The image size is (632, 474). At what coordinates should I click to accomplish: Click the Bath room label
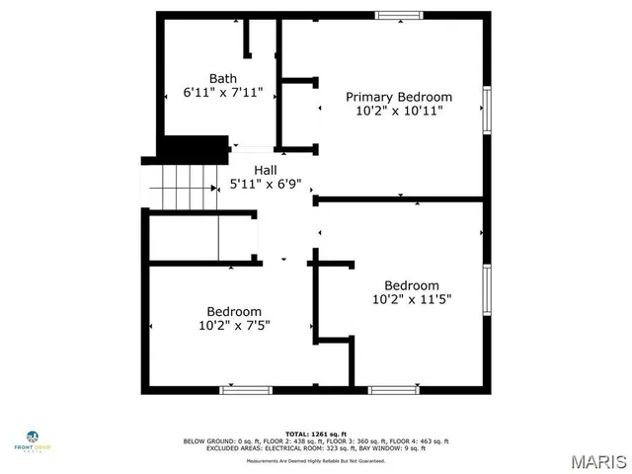click(x=222, y=78)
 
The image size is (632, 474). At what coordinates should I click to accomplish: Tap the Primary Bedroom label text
click(x=398, y=97)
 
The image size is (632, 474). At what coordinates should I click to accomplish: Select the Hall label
click(x=265, y=170)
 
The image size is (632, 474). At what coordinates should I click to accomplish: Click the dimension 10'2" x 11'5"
click(x=412, y=299)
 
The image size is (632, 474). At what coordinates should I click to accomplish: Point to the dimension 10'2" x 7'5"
click(x=234, y=324)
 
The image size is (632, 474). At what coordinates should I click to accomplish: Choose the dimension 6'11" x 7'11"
click(x=222, y=92)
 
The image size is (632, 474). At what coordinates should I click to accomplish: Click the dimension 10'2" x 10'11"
click(x=398, y=111)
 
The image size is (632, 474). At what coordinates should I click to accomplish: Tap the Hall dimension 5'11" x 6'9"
click(x=265, y=184)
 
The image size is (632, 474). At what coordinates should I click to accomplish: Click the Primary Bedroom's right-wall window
click(x=486, y=111)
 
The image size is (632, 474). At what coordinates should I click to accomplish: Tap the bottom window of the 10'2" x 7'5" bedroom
click(x=246, y=390)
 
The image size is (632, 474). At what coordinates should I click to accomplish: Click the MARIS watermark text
click(x=599, y=460)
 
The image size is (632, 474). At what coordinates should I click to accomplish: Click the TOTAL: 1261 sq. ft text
click(x=314, y=434)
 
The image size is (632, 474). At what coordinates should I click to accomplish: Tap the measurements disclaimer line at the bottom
click(x=314, y=461)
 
